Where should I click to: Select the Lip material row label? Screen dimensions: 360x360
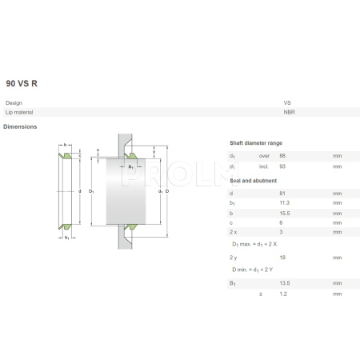(19, 113)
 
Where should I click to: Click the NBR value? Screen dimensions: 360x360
(288, 113)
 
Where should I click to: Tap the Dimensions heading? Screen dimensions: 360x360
(20, 127)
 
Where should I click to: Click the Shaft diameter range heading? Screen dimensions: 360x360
(257, 142)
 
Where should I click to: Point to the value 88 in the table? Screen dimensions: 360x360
(282, 155)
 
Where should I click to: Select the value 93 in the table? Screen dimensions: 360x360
(282, 166)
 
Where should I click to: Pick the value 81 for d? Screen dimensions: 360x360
(282, 193)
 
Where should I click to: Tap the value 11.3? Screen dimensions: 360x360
(284, 205)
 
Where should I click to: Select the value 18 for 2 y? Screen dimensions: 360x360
(282, 258)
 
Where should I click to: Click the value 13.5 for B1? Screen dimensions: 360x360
(284, 283)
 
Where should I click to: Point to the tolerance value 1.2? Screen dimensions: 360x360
(283, 295)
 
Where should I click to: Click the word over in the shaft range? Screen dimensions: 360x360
(264, 155)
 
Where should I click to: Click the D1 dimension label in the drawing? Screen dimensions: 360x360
(93, 192)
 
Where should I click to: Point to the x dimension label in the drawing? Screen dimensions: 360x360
(97, 150)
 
